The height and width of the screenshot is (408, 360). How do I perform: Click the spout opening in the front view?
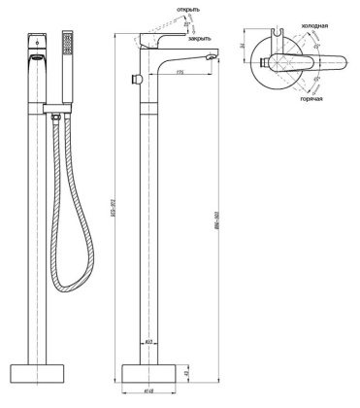pos(35,57)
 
